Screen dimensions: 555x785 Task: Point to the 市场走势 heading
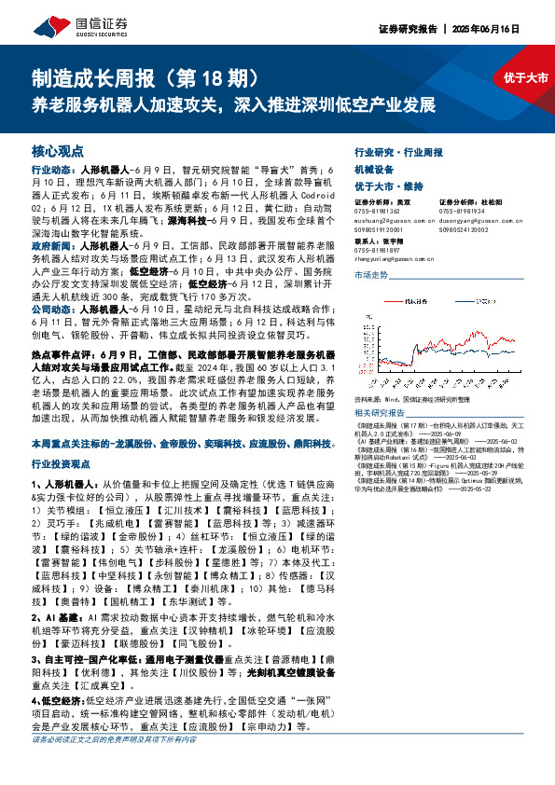pos(370,275)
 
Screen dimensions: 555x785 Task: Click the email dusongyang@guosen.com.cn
pos(473,220)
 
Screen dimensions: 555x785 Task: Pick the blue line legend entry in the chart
pos(467,303)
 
